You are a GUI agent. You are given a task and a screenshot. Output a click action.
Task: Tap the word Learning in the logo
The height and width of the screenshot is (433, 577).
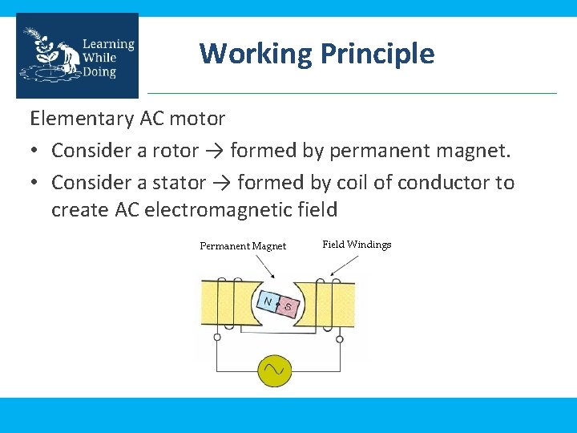click(x=108, y=44)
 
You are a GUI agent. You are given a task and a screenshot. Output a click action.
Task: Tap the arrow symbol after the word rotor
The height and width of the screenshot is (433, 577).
click(x=219, y=151)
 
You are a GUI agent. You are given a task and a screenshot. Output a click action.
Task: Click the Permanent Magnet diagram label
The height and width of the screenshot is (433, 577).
click(x=243, y=246)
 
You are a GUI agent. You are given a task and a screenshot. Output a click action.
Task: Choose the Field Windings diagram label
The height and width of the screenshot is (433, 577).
click(x=357, y=244)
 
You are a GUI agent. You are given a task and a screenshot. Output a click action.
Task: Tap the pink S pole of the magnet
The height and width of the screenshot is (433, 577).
click(x=288, y=307)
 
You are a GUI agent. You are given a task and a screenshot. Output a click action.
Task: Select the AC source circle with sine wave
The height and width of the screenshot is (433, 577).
click(x=275, y=370)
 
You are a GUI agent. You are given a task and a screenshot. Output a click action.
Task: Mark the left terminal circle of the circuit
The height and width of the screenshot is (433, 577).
click(x=217, y=338)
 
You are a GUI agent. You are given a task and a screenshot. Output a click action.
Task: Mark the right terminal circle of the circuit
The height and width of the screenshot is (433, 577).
click(x=340, y=338)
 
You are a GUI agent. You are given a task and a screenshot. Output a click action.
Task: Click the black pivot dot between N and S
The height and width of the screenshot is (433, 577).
click(x=277, y=305)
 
